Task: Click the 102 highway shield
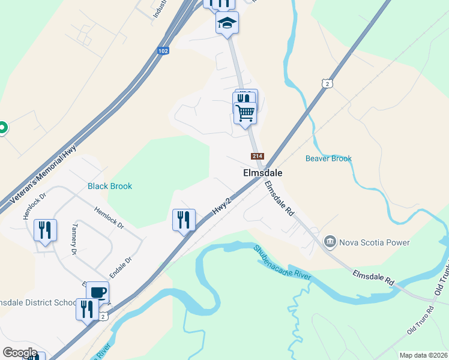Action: (x=163, y=51)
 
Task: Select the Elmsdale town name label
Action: (x=262, y=172)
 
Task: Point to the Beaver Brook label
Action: (x=328, y=158)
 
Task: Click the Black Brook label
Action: (x=110, y=186)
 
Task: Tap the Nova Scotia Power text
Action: (x=375, y=242)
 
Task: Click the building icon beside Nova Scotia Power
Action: (x=330, y=242)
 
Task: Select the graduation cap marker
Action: (x=228, y=23)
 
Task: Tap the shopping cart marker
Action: (x=245, y=112)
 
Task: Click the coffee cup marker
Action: (x=98, y=292)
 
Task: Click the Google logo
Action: (x=20, y=352)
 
